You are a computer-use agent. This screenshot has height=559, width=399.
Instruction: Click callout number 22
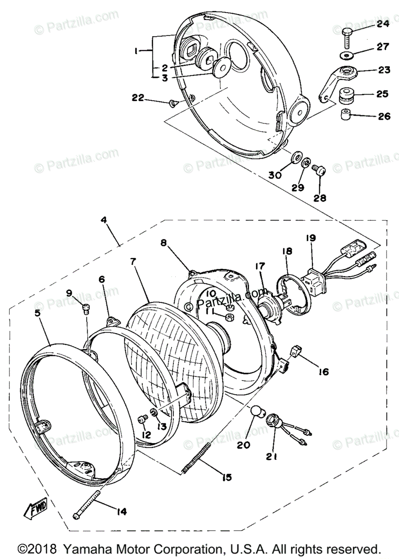pos(138,97)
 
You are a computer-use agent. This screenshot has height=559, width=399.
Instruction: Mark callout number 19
pos(311,238)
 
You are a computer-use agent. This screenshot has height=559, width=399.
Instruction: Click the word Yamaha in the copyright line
pos(87,548)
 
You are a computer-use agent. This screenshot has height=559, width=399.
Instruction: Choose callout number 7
pos(133,261)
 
